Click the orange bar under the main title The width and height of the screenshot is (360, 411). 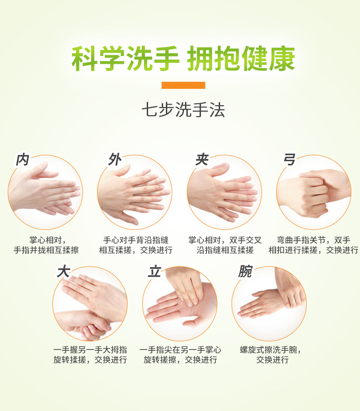[183, 85]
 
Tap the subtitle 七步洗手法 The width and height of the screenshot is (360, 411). [183, 110]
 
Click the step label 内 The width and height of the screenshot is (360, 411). [22, 159]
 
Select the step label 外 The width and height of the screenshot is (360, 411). [115, 159]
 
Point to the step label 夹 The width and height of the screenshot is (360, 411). [202, 159]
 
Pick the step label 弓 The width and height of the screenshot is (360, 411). [289, 159]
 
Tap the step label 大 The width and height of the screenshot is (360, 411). [63, 271]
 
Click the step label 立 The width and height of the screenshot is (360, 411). [154, 271]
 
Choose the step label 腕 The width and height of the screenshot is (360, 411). [245, 271]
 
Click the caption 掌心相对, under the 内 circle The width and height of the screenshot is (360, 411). [47, 240]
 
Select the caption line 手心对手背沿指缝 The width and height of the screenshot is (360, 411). [136, 240]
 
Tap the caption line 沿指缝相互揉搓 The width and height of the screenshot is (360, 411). [225, 250]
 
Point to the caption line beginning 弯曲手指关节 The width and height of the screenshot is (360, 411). [314, 240]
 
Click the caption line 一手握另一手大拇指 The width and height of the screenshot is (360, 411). [90, 350]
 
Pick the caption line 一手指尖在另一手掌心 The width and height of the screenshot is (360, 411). [180, 350]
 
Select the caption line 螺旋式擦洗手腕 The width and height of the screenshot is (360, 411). [271, 350]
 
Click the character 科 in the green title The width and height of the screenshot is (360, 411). [85, 58]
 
